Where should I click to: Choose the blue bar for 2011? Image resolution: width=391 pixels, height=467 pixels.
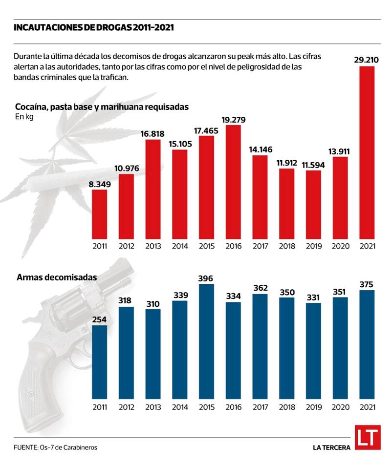pos(100,361)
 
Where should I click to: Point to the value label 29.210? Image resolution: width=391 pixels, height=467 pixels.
pos(367,60)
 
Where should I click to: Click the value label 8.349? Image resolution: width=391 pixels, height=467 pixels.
pos(100,183)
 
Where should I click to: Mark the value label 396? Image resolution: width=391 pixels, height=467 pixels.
pos(207,277)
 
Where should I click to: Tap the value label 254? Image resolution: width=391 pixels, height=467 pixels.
pos(100,319)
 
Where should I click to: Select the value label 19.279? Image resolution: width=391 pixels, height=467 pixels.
pos(233,119)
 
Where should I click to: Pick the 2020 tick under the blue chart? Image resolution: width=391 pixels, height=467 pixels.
pos(340,408)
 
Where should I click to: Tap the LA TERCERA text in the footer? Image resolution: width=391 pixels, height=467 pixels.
pos(331,447)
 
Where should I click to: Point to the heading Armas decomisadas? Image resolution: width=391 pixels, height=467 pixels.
pos(57,277)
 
